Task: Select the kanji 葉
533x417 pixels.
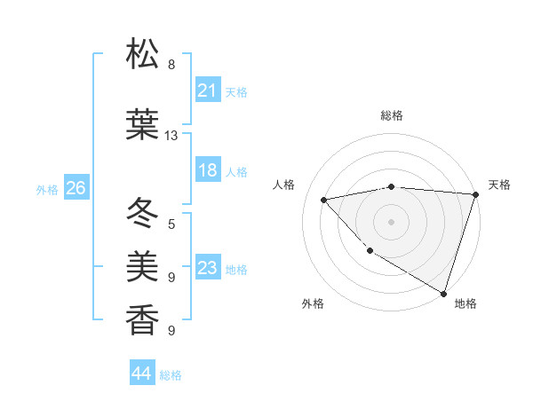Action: pyautogui.click(x=142, y=127)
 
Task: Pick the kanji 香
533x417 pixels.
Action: pyautogui.click(x=142, y=319)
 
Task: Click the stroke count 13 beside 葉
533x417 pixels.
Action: pyautogui.click(x=171, y=136)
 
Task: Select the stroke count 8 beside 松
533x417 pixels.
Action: pyautogui.click(x=171, y=65)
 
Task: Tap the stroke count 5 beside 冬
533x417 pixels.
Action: pyautogui.click(x=171, y=224)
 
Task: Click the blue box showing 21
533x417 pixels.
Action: pyautogui.click(x=208, y=90)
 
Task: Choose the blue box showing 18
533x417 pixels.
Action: pyautogui.click(x=208, y=170)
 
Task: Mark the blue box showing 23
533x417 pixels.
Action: pyautogui.click(x=208, y=268)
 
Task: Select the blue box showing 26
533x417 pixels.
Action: pyautogui.click(x=76, y=188)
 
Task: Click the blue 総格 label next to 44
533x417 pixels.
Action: pyautogui.click(x=171, y=375)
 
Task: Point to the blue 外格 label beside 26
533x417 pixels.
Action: pyautogui.click(x=47, y=190)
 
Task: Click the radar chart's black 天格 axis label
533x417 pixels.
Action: pyautogui.click(x=499, y=185)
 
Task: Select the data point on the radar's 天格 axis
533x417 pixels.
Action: pyautogui.click(x=475, y=194)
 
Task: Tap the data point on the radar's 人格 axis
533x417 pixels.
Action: pyautogui.click(x=325, y=200)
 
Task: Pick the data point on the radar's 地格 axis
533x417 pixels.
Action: pyautogui.click(x=443, y=292)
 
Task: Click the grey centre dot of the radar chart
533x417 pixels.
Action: pyautogui.click(x=392, y=221)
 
